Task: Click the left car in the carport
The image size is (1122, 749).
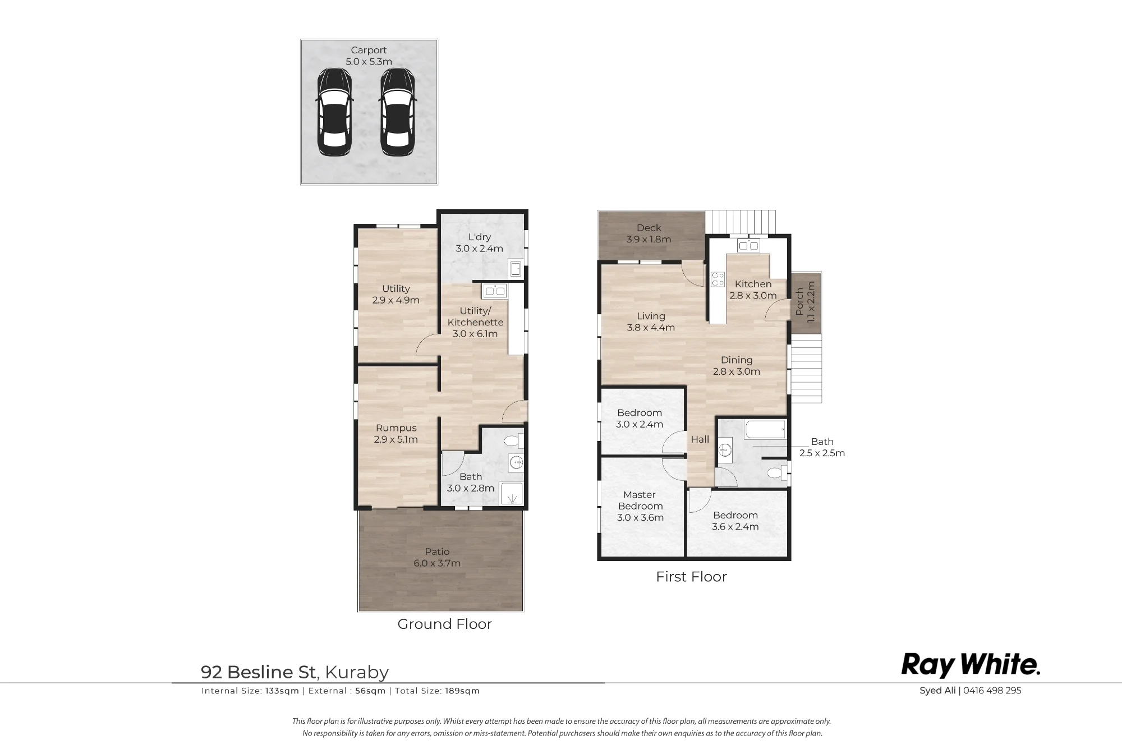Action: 335,112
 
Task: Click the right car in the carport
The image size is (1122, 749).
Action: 398,112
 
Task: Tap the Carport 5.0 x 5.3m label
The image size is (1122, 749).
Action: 369,56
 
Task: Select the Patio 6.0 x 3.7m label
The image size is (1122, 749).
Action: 437,558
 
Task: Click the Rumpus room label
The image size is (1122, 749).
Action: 396,434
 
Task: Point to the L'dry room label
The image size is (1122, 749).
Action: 479,242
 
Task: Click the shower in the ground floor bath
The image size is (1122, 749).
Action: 511,494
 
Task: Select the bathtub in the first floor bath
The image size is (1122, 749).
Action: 765,430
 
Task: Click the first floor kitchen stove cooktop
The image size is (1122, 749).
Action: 718,279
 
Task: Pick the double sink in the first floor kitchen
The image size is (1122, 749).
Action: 748,245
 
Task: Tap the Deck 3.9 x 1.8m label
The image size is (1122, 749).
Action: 649,233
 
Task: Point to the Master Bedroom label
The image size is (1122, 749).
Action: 640,506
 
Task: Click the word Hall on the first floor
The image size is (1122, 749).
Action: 700,439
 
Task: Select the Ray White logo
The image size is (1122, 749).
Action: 971,665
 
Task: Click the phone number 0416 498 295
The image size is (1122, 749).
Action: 992,691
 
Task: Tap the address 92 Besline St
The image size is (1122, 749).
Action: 259,672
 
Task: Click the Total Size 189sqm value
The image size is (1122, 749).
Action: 462,691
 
